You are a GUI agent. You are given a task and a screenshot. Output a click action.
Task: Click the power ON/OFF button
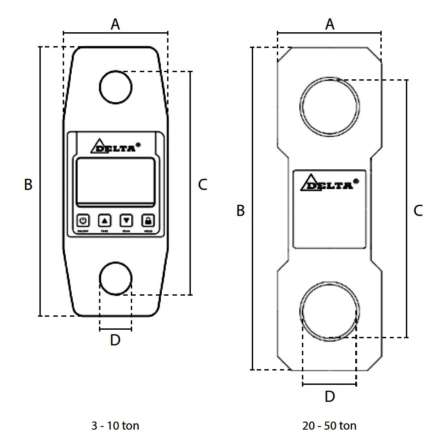click(x=83, y=220)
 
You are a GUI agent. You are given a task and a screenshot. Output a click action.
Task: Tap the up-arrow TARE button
click(x=104, y=220)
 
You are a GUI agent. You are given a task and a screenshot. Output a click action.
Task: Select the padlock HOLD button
click(x=148, y=220)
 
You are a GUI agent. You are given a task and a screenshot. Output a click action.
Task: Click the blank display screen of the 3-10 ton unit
click(x=116, y=181)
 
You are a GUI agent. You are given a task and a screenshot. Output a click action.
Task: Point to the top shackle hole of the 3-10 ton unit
click(x=116, y=86)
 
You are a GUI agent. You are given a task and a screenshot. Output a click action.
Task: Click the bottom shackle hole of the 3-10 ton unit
click(x=116, y=279)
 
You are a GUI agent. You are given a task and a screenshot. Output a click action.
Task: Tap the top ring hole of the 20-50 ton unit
click(x=330, y=106)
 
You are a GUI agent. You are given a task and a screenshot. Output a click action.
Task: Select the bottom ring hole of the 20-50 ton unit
click(x=330, y=310)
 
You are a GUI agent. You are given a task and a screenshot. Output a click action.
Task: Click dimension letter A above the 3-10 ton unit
click(x=116, y=24)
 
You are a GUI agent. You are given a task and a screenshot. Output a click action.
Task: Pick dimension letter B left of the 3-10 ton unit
click(x=28, y=184)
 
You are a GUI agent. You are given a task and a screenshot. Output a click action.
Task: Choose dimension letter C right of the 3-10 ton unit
click(x=202, y=184)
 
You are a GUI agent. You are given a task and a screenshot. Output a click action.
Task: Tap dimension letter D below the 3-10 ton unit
click(x=115, y=340)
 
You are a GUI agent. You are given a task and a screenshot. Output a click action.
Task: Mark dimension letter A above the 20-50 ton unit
click(x=330, y=24)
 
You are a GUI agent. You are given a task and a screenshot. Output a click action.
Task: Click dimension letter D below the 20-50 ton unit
click(x=330, y=396)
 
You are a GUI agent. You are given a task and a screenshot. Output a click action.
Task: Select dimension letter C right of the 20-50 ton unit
click(x=418, y=211)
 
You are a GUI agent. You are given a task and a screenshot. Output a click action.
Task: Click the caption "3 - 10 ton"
click(x=115, y=425)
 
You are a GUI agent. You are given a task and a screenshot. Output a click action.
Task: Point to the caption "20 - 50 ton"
click(x=329, y=425)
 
